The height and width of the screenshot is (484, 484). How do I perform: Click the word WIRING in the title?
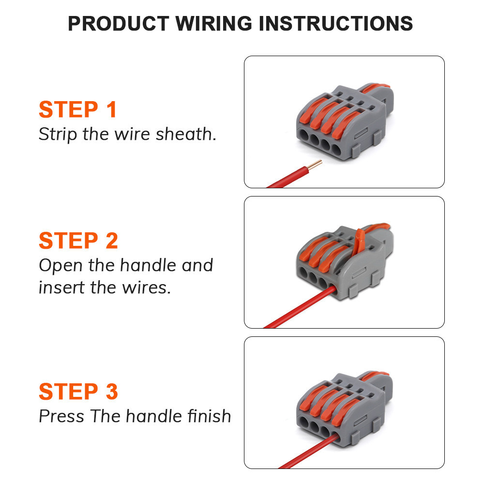pyautogui.click(x=213, y=23)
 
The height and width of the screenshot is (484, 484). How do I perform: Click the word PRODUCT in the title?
pyautogui.click(x=118, y=23)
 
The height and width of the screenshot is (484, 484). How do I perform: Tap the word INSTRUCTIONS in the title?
pyautogui.click(x=336, y=23)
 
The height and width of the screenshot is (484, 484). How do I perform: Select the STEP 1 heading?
pyautogui.click(x=77, y=109)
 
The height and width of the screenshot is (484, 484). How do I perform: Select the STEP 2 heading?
pyautogui.click(x=78, y=241)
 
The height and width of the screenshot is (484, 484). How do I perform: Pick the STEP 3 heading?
pyautogui.click(x=78, y=392)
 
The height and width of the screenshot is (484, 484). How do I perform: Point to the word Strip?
pyautogui.click(x=58, y=135)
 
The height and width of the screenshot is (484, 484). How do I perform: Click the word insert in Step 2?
pyautogui.click(x=61, y=287)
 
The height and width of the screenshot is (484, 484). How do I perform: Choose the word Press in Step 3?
pyautogui.click(x=61, y=416)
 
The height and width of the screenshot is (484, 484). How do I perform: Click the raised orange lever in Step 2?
pyautogui.click(x=358, y=244)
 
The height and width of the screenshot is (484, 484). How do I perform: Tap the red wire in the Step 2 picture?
pyautogui.click(x=300, y=307)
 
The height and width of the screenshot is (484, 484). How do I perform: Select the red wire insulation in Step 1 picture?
pyautogui.click(x=287, y=177)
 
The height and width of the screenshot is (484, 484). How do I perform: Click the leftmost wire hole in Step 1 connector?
pyautogui.click(x=304, y=135)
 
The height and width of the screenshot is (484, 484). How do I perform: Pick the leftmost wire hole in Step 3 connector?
pyautogui.click(x=304, y=422)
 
